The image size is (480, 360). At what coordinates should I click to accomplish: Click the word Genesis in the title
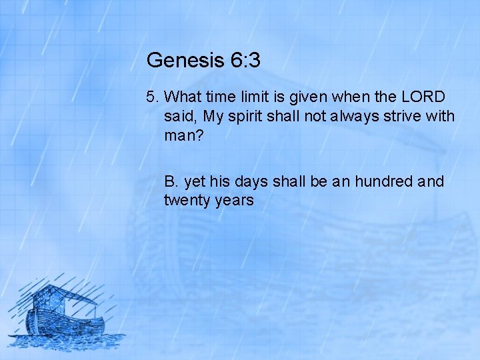point(185,61)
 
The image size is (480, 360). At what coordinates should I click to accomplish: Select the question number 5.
point(152,97)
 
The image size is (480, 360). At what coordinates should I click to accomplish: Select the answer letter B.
point(171,181)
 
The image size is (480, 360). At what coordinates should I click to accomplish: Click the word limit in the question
point(261,97)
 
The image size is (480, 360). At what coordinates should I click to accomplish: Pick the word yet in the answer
point(195,181)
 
